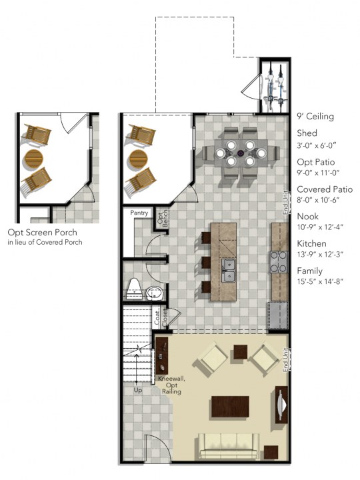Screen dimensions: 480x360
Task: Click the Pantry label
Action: click(139, 213)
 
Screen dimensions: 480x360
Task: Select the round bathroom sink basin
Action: click(155, 294)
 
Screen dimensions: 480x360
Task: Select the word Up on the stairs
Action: click(139, 390)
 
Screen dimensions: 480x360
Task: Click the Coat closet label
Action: click(158, 319)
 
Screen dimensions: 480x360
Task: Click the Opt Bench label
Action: click(160, 218)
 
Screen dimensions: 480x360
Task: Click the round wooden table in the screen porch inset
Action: click(33, 159)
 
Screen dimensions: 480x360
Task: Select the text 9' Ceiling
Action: click(315, 117)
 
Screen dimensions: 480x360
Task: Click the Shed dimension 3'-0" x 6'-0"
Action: click(317, 145)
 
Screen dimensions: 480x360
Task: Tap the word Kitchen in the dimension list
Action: click(311, 243)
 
